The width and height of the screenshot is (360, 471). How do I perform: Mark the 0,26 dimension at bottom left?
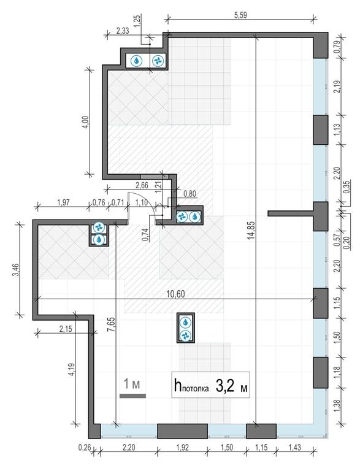pos(86,448)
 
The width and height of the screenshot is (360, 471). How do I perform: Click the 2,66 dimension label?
pos(142,184)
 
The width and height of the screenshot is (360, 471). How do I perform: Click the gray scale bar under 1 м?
pos(132,396)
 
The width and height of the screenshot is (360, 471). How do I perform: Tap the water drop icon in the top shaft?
pos(137,61)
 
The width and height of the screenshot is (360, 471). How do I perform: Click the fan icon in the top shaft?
pos(156,61)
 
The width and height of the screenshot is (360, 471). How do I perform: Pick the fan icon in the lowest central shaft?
pos(186,335)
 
